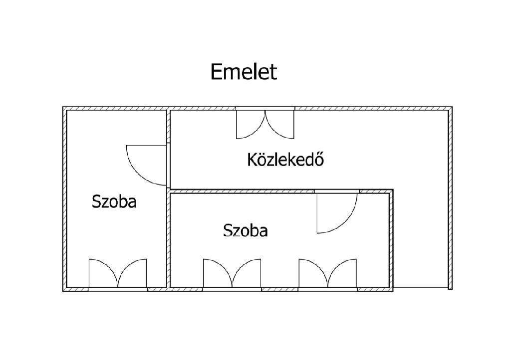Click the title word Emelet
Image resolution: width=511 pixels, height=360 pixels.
click(244, 72)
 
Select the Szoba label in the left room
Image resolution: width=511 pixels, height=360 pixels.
click(114, 201)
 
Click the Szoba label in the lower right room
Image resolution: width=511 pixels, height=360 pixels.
click(246, 230)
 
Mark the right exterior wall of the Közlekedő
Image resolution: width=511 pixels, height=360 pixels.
click(450, 198)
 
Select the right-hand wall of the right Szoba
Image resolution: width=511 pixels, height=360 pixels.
click(391, 240)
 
